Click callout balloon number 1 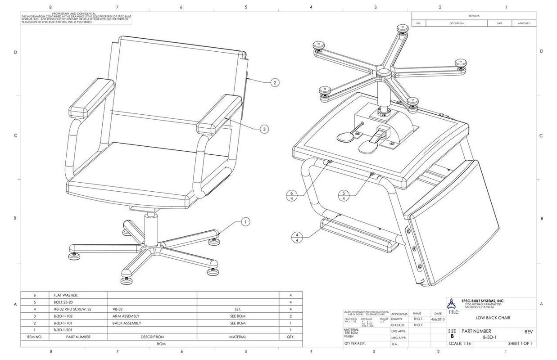coord(245,221)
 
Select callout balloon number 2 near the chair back coord(275,82)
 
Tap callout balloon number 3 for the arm coord(264,129)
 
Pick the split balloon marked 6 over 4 coord(291,195)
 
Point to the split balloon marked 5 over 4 coord(344,195)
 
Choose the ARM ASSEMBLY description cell coord(126,316)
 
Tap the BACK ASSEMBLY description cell coord(127,323)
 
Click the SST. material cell coord(238,309)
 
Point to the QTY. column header coord(290,337)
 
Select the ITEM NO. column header coord(34,337)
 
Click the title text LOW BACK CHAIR coord(493,318)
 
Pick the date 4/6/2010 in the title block coord(438,319)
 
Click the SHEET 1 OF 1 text coord(520,344)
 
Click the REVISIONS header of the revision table coord(474,16)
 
